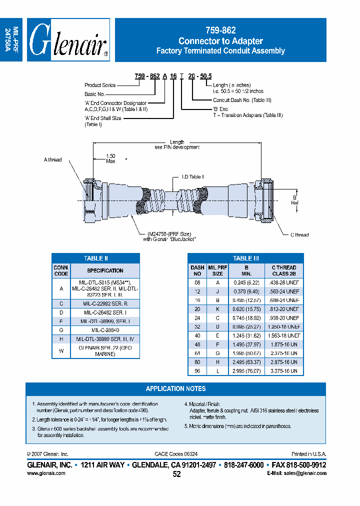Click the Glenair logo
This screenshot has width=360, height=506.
pyautogui.click(x=68, y=40)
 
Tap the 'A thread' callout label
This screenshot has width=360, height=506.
pyautogui.click(x=52, y=160)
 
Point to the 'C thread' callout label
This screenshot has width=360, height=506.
pyautogui.click(x=299, y=234)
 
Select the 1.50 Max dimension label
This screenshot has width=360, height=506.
pyautogui.click(x=110, y=158)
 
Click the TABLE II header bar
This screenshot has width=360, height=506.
pyautogui.click(x=95, y=258)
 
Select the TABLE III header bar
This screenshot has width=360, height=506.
pyautogui.click(x=245, y=258)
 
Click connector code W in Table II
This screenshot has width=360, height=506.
pyautogui.click(x=61, y=350)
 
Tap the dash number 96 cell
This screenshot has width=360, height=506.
pyautogui.click(x=197, y=371)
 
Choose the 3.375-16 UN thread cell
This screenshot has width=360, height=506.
pyautogui.click(x=284, y=371)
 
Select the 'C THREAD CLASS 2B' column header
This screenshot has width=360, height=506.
pyautogui.click(x=284, y=270)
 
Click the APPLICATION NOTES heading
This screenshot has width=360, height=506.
pyautogui.click(x=175, y=388)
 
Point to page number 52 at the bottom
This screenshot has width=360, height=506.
pyautogui.click(x=176, y=474)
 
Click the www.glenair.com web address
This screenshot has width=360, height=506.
pyautogui.click(x=46, y=473)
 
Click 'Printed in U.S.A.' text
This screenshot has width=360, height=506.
pyautogui.click(x=308, y=454)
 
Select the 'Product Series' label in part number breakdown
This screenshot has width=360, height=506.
pyautogui.click(x=100, y=85)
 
